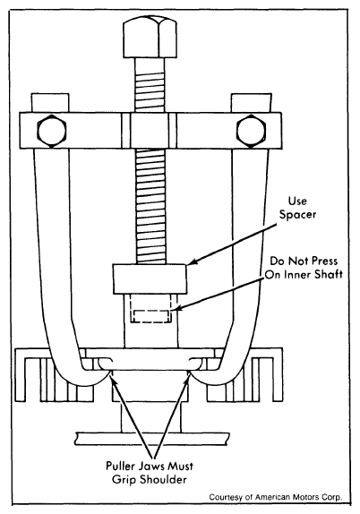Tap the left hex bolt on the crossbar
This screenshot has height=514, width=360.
click(52, 131)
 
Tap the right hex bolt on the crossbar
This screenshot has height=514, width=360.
click(251, 131)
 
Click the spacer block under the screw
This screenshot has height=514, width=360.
click(150, 278)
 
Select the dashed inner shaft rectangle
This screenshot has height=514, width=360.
click(150, 316)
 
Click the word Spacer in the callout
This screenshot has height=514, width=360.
click(297, 215)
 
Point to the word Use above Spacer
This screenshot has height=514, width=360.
click(297, 201)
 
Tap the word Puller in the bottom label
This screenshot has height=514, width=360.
click(120, 466)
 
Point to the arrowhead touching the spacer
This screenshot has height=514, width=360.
click(193, 261)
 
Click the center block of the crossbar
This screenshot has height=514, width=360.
click(150, 131)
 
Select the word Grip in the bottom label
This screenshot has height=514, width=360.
click(124, 480)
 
